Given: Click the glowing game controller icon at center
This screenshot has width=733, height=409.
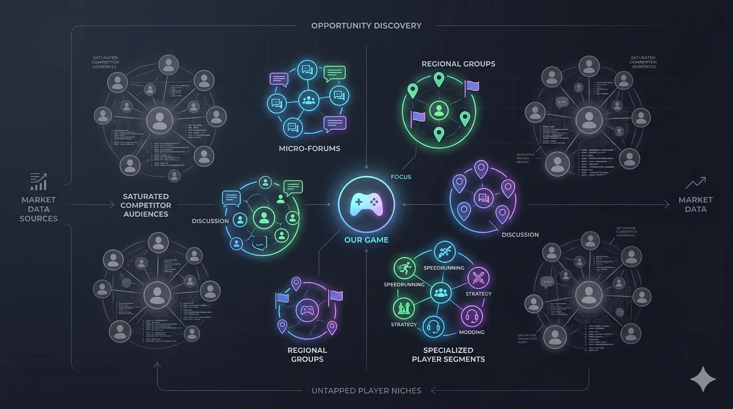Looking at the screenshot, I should coord(366,203).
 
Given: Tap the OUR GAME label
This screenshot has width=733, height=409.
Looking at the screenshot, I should coord(366,240).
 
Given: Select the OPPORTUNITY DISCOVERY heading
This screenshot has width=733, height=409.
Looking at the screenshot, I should coord(366,26).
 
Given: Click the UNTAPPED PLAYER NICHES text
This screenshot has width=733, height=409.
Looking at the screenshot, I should coord(366,391).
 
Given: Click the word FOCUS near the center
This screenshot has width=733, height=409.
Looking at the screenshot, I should coord(401,177).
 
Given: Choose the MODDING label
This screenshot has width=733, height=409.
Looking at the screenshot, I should coord(471,332).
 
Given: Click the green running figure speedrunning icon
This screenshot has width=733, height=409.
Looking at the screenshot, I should coord(404,267).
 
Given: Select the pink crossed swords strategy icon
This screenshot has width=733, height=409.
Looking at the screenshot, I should coord(478,277).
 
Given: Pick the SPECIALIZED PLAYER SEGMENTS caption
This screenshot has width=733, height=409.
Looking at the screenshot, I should coord(448,355).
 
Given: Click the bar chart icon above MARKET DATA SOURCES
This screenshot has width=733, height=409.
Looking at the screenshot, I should coord(38,182).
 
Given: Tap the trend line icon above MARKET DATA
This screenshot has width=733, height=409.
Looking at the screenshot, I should coord(696,183).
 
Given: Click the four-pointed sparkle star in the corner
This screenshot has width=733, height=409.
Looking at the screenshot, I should coord(703,379).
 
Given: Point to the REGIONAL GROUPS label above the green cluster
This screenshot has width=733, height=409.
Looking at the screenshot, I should coord(458,64).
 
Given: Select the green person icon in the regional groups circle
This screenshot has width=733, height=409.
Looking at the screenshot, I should coord(438,110).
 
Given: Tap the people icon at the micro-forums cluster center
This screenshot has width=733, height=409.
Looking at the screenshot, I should coord(308,99).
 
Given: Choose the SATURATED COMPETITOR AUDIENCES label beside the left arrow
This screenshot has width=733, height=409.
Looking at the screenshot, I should coord(145,205).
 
